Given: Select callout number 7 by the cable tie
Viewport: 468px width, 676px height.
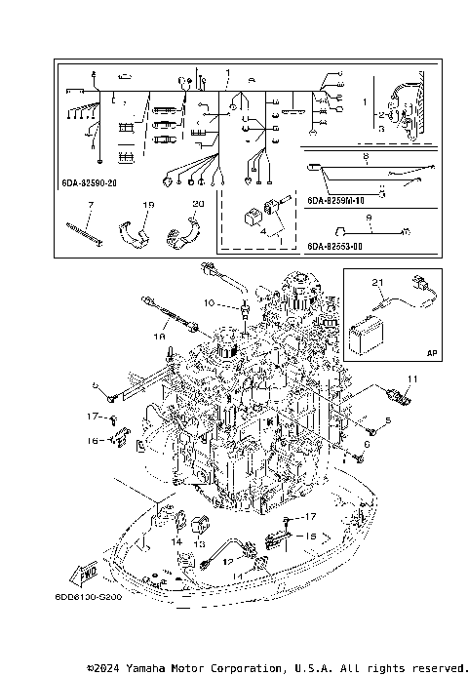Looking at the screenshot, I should tap(90, 206).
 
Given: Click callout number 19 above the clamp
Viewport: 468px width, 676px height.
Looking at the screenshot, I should tap(149, 206).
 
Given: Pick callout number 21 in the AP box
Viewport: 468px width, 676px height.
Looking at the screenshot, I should tap(378, 283).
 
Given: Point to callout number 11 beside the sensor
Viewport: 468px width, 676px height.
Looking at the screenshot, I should tap(411, 378).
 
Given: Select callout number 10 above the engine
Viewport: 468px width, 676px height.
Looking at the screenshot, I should tap(208, 303).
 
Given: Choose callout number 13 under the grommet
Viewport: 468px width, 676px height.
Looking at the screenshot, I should tap(198, 544).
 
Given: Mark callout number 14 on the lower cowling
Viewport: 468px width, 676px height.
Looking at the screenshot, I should tap(176, 540).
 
